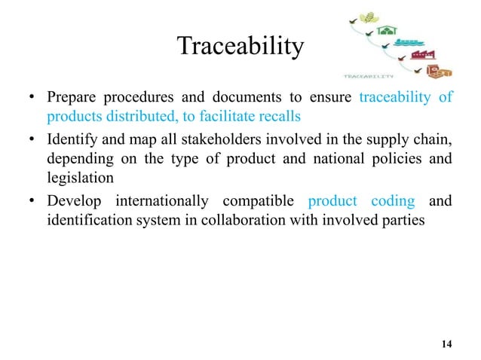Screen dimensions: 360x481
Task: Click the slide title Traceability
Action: [x=240, y=47]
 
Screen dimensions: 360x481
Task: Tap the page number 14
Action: [x=446, y=344]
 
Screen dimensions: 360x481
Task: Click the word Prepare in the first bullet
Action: [x=71, y=99]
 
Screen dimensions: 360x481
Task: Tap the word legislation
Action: [x=79, y=178]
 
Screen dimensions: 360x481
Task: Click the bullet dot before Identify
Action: [x=33, y=141]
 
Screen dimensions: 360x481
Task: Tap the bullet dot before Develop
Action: [x=33, y=203]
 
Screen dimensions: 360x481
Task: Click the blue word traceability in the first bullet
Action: [x=395, y=99]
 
